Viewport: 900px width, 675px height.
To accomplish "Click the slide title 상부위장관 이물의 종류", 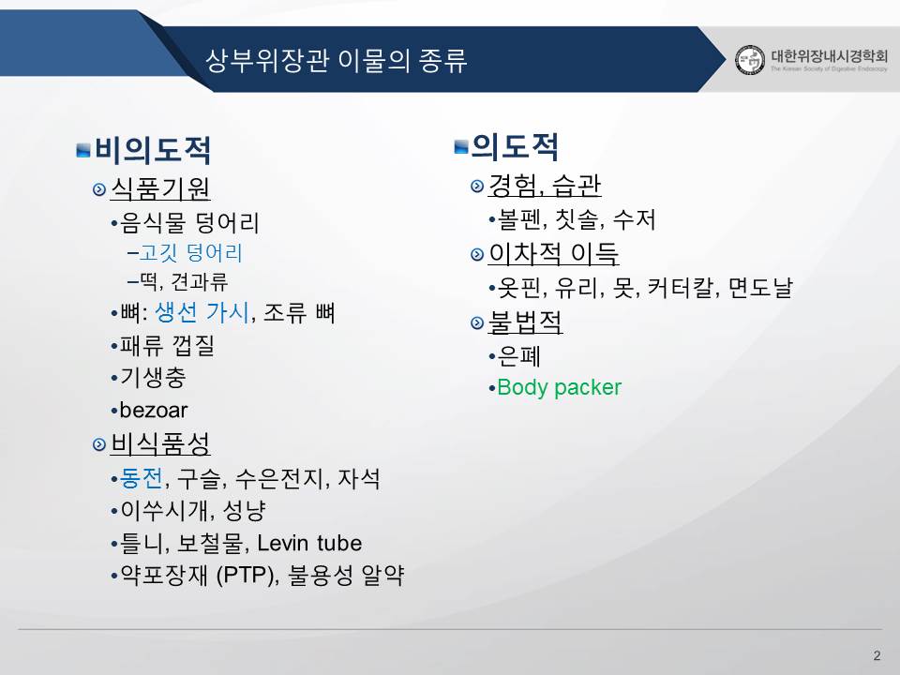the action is (x=337, y=60).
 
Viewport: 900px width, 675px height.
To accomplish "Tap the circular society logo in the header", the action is (x=750, y=60).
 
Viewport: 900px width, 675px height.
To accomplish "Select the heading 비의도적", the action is (x=153, y=150).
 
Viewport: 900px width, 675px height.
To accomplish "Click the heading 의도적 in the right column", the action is (x=515, y=146).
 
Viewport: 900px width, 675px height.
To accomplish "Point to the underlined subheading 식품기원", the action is (x=160, y=188).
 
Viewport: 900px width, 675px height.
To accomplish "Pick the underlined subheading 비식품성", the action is (x=160, y=443).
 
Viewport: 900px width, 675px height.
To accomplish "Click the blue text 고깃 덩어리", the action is (x=191, y=252).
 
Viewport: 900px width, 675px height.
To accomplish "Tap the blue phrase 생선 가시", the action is (x=202, y=313).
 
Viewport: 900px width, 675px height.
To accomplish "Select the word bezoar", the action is (x=154, y=410).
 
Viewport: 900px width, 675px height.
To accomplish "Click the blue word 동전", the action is (x=142, y=478).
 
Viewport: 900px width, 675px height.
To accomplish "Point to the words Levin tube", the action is (x=309, y=543).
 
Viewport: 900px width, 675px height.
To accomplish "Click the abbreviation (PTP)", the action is (x=245, y=575).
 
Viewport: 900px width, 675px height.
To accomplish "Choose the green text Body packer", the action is (x=559, y=387).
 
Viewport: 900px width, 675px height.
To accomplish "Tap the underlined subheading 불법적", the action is (x=525, y=322).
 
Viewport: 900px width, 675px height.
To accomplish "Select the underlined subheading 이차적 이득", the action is (x=553, y=254).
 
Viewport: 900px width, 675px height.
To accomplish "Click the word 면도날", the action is (x=760, y=288).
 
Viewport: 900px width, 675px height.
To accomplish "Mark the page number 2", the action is (x=877, y=655).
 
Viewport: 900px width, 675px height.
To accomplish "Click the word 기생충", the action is (x=153, y=377).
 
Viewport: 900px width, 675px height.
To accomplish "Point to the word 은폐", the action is (x=518, y=356).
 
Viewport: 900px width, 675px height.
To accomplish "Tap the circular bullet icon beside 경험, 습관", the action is (x=477, y=186).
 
